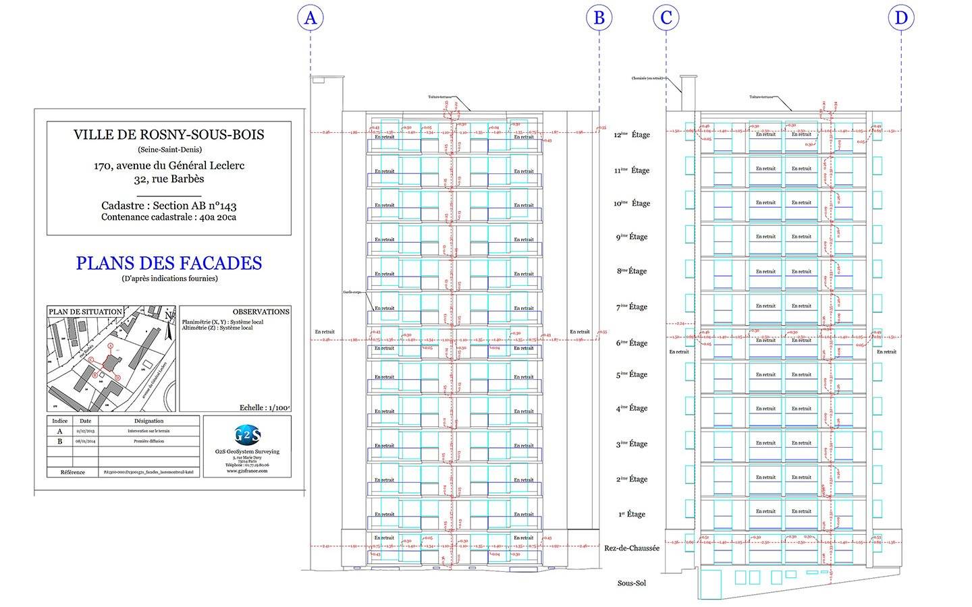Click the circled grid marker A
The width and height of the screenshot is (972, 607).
pos(310,18)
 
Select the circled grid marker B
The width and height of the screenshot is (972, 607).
pos(599,18)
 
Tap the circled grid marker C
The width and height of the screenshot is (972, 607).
pos(666,18)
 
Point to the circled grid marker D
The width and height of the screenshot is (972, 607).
pos(901,18)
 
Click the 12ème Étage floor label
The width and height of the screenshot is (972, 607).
pos(632,135)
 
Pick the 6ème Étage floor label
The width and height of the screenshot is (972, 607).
pos(632,343)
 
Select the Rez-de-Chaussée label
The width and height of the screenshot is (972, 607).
pos(632,548)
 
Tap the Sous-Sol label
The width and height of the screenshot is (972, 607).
pos(632,583)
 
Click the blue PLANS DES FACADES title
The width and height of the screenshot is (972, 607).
pos(169,263)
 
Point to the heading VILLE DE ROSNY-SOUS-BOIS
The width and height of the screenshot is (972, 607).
pos(169,134)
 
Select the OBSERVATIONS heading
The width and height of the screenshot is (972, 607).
pos(261,312)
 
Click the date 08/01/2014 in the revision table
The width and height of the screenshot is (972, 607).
pos(85,441)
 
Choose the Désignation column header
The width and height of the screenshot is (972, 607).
pos(148,421)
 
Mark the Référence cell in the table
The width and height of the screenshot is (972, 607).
pos(73,472)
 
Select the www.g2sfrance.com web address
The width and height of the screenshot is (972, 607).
pos(247,471)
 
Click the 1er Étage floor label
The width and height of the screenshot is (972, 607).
pos(632,515)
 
